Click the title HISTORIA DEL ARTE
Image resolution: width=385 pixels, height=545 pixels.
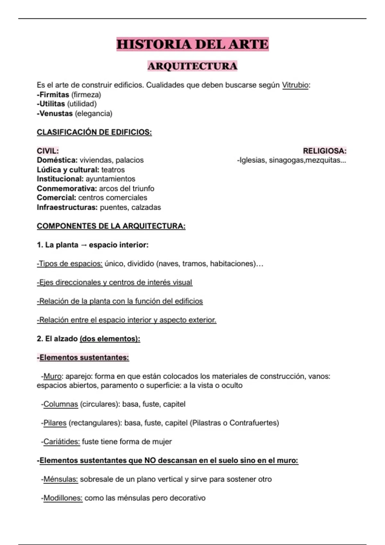[x=193, y=44]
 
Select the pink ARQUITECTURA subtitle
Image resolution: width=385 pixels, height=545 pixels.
[x=193, y=66]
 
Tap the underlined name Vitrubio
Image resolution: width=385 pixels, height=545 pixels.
[x=295, y=85]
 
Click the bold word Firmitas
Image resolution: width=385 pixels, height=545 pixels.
[x=54, y=95]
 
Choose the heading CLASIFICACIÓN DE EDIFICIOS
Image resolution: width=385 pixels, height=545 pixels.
[x=94, y=132]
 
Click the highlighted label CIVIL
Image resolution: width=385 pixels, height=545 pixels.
[x=48, y=151]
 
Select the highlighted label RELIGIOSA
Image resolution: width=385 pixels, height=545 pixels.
[x=325, y=151]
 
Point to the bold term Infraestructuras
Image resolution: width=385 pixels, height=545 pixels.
[x=67, y=207]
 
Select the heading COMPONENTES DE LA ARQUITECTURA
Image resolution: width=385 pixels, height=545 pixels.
[x=111, y=226]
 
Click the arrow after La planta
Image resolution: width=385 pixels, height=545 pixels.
[x=84, y=245]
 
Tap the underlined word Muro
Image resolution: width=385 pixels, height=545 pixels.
[x=52, y=376]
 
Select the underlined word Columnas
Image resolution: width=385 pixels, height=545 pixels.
[x=61, y=404]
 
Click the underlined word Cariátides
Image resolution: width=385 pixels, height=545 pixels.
[x=61, y=442]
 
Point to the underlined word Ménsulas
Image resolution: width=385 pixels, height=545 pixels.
[x=61, y=479]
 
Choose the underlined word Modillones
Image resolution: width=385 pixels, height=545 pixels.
[x=63, y=498]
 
